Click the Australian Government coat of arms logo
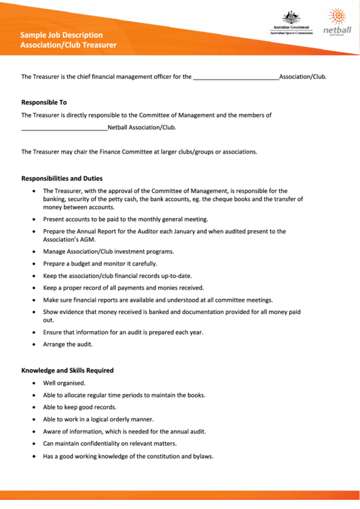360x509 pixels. [x=290, y=18]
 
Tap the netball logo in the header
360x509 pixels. [x=337, y=22]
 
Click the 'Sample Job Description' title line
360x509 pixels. [x=61, y=35]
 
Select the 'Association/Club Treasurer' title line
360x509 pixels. [x=68, y=45]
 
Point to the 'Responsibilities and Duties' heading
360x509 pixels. [x=62, y=179]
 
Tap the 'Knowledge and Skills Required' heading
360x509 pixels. [x=67, y=370]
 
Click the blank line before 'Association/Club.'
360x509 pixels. [x=236, y=77]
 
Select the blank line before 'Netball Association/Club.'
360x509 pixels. [x=64, y=128]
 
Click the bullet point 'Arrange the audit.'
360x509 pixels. [x=68, y=345]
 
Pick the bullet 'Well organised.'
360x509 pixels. [x=64, y=383]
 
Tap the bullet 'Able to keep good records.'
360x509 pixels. [x=79, y=407]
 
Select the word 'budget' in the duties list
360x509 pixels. [x=84, y=263]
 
